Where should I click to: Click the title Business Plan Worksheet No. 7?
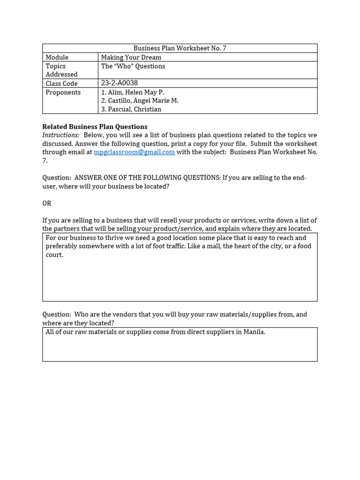click(180, 48)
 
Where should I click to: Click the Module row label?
click(57, 57)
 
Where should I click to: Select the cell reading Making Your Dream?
click(131, 57)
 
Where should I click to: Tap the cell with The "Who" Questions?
click(133, 66)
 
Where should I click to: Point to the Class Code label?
click(61, 83)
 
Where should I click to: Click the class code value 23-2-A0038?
click(119, 83)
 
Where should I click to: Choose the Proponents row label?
click(63, 92)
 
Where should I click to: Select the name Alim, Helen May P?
click(132, 92)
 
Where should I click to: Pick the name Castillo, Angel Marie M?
click(139, 101)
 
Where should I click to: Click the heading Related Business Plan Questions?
click(95, 127)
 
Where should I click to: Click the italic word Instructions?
click(61, 135)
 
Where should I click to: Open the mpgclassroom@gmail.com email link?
click(134, 152)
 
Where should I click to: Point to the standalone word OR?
click(47, 203)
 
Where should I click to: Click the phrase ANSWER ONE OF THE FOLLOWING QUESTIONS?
click(147, 178)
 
